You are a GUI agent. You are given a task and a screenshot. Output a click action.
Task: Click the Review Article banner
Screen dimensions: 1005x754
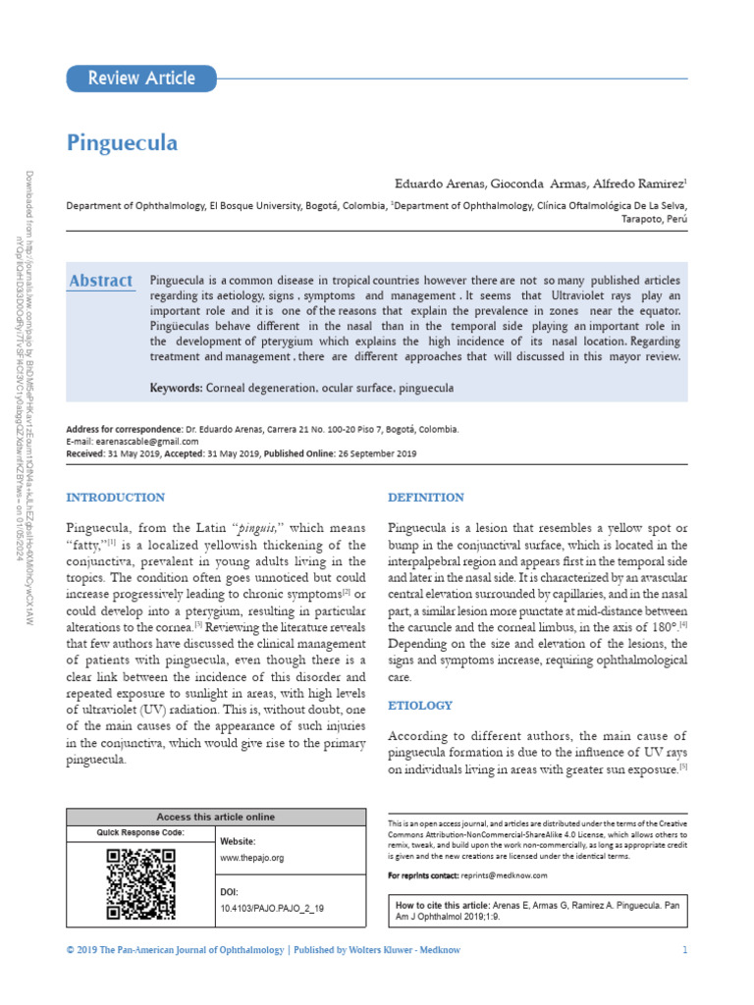pos(141,79)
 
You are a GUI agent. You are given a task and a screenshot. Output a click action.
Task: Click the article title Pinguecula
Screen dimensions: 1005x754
pos(122,143)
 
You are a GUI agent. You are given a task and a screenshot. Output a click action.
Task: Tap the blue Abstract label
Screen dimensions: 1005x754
pos(101,281)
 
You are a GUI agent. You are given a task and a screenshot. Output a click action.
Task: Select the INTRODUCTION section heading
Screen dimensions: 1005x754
pos(115,498)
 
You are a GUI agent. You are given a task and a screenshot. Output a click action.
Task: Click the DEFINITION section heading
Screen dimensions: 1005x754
pos(426,498)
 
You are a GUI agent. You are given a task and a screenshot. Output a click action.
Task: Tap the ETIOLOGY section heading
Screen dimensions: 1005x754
pos(420,705)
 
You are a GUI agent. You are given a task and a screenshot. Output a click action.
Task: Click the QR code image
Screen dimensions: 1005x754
pos(140,884)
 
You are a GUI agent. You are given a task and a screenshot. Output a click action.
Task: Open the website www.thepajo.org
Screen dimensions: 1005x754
pos(251,857)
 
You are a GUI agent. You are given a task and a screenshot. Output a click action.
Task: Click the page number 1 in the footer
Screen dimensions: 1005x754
pos(684,950)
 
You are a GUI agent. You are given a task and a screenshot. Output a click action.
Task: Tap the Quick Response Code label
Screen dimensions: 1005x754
pos(139,833)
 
